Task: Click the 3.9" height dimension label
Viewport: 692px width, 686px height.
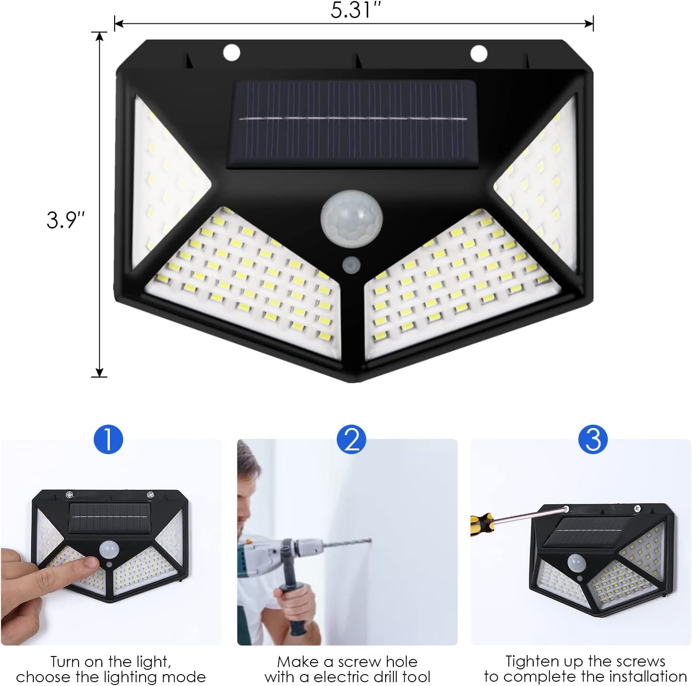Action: (66, 219)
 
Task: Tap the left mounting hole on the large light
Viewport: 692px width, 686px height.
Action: (232, 52)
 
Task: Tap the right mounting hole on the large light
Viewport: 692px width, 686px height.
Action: (478, 54)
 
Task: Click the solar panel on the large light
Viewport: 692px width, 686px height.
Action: (351, 124)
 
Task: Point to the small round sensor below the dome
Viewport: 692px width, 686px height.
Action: (351, 265)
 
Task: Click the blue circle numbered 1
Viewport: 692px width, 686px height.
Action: (108, 439)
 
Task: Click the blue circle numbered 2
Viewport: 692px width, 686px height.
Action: (351, 439)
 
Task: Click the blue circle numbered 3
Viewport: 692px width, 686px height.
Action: (593, 439)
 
